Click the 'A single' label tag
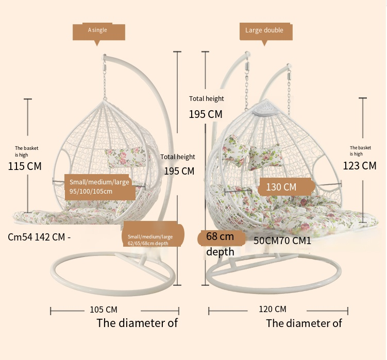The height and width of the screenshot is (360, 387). (x=98, y=30)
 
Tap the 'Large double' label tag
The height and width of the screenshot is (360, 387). (x=265, y=31)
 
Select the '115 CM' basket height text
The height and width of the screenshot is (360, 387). (x=25, y=166)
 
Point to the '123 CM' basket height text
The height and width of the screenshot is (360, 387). (x=360, y=166)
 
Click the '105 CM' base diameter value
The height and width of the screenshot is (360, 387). (x=104, y=310)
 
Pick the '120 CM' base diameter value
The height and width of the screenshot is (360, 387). (x=273, y=309)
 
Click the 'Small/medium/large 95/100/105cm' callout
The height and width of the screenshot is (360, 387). (x=99, y=187)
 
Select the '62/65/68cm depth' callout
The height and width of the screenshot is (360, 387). (x=153, y=239)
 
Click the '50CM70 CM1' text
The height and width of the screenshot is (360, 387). (x=282, y=241)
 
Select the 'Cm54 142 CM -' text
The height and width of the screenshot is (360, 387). (x=39, y=237)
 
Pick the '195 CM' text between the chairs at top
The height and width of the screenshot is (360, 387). (x=206, y=114)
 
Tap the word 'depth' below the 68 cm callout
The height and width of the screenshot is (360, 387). (x=221, y=252)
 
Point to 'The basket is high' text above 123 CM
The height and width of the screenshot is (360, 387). (x=360, y=150)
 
